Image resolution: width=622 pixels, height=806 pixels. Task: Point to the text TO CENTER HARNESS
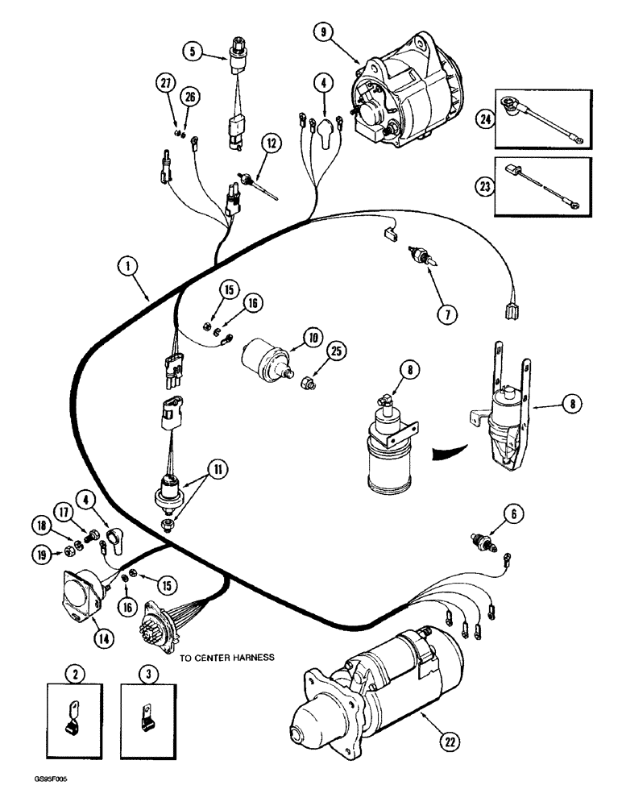[x=227, y=657]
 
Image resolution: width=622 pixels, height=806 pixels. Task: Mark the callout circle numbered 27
[x=166, y=84]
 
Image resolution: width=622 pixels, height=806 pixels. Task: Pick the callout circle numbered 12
[x=272, y=143]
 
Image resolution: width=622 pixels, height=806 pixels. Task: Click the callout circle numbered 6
[x=510, y=511]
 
